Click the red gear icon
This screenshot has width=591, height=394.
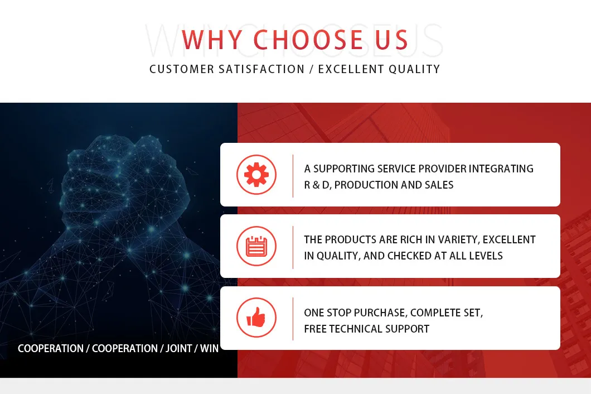point(256,175)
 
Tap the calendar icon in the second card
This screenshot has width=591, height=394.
point(256,246)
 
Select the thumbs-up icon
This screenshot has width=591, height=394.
point(256,317)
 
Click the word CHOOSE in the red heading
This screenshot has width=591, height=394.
point(308,40)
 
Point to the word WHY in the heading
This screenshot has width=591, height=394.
point(212,40)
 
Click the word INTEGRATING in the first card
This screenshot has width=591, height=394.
point(501,169)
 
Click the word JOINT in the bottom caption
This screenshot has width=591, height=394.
point(178,348)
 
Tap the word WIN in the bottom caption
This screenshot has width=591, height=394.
point(209,348)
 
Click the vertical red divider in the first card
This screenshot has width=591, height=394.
point(293,176)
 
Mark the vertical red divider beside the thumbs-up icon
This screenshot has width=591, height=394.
point(293,319)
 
